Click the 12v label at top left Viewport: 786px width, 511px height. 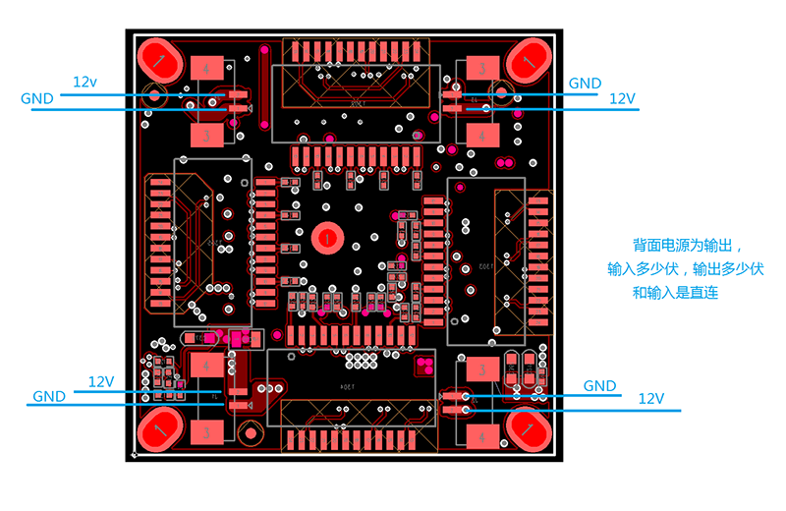[85, 82]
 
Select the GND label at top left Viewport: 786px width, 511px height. [37, 98]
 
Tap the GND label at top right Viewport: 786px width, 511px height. [585, 84]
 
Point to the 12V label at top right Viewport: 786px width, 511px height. [623, 98]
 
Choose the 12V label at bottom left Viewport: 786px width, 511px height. [101, 381]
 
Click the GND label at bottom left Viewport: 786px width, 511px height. [49, 396]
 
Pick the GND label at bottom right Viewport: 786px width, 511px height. [600, 385]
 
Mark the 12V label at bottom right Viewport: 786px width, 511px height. [651, 399]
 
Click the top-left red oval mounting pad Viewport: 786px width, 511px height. [159, 60]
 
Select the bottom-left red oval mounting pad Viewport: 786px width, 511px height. [159, 428]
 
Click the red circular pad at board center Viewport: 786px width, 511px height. [325, 237]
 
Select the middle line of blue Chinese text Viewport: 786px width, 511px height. [686, 268]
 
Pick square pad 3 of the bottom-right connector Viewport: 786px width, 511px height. [482, 369]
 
